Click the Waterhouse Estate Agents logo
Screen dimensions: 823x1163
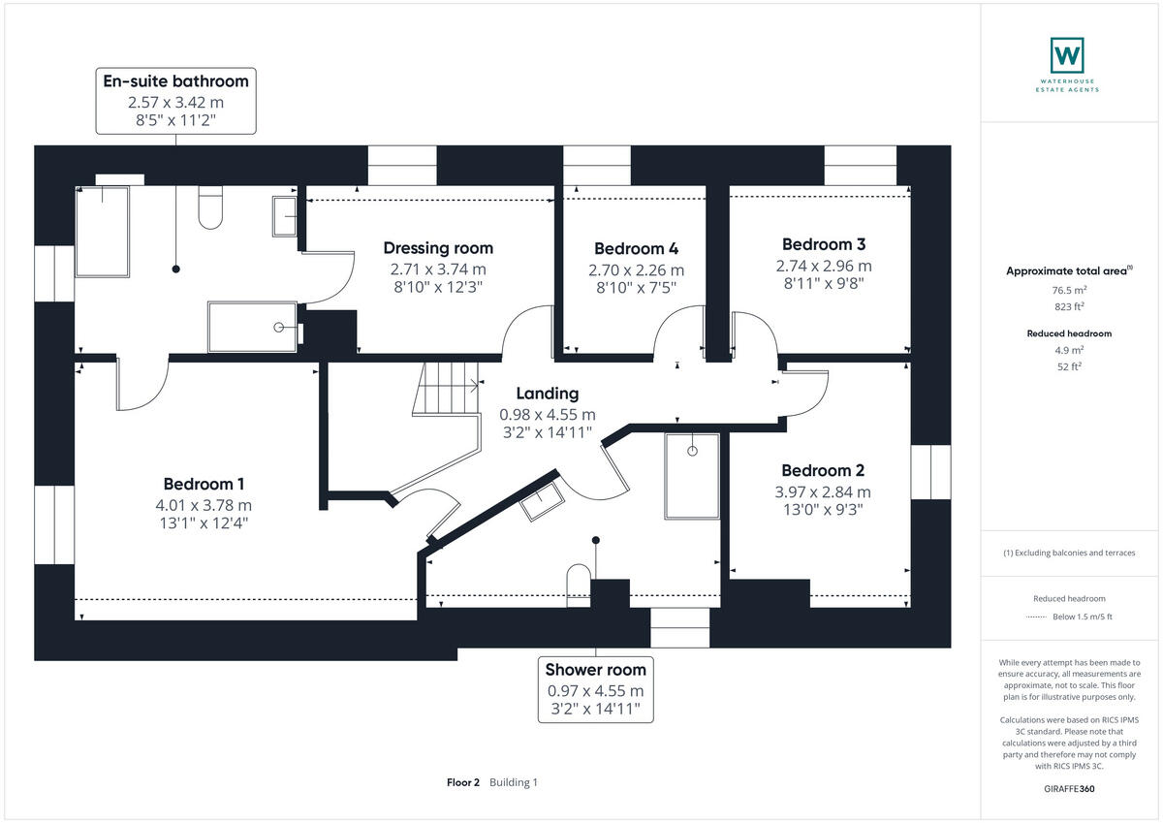(x=1067, y=64)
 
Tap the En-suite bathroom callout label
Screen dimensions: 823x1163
(x=175, y=80)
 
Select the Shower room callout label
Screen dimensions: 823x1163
(x=595, y=669)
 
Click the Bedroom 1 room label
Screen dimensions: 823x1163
(x=204, y=484)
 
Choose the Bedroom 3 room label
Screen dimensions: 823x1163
(x=824, y=244)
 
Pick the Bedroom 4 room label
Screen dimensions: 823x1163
(x=636, y=249)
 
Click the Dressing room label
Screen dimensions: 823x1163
(x=437, y=248)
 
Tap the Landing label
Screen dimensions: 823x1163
(x=547, y=394)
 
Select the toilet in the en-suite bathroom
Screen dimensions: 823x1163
(x=211, y=207)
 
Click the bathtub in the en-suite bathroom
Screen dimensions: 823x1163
(x=102, y=231)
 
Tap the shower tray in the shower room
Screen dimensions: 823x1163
(x=692, y=476)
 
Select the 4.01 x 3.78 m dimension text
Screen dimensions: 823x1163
(x=204, y=505)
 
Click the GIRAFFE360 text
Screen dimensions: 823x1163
(x=1069, y=789)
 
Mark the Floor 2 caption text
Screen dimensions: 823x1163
(x=463, y=782)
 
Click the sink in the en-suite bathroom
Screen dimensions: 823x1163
(x=285, y=216)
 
